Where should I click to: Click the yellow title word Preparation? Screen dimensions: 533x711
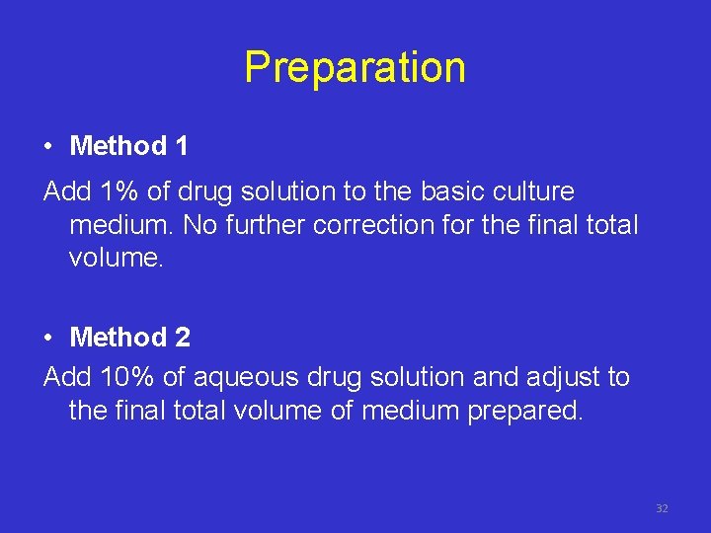pos(355,68)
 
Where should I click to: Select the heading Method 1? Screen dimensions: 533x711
pos(128,147)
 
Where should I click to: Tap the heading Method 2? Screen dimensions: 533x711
pos(130,338)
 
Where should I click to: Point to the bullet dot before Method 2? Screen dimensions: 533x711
pos(48,339)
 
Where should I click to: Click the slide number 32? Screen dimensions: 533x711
pos(662,508)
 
